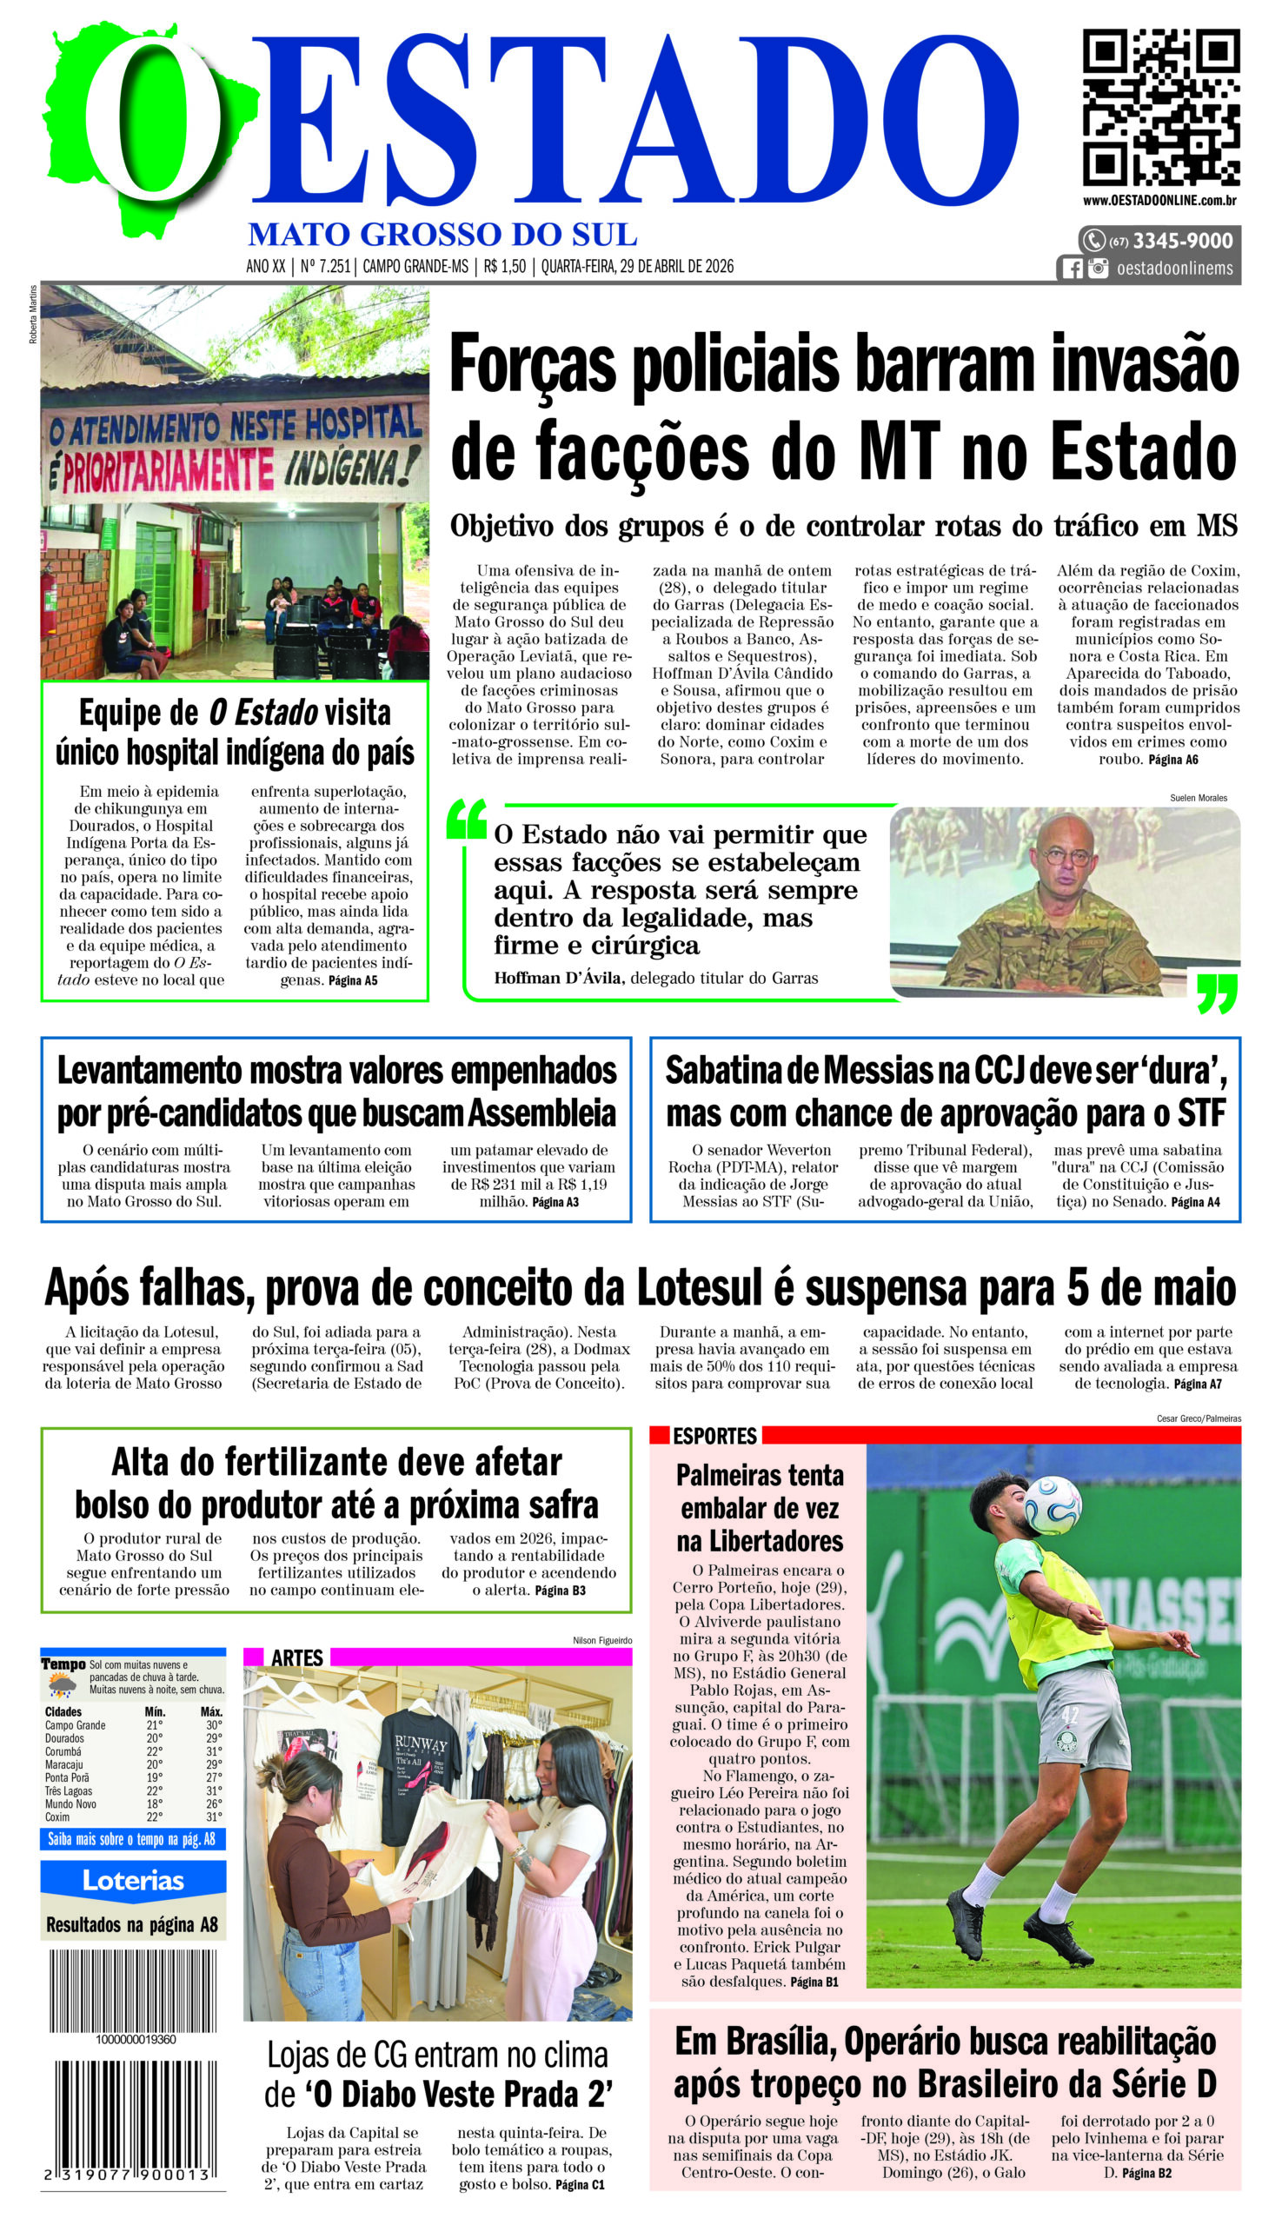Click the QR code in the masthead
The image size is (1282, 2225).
click(x=1160, y=108)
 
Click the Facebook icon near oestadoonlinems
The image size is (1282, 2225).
click(x=1072, y=269)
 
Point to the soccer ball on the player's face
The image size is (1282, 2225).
click(x=1052, y=1504)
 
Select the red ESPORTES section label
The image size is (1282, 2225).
click(x=714, y=1436)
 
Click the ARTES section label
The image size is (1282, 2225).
click(x=296, y=1658)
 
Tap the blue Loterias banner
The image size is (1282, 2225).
click(x=133, y=1881)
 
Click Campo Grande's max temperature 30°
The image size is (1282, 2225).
click(x=213, y=1725)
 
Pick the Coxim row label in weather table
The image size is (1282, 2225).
click(x=57, y=1817)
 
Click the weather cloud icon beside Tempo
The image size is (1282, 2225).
click(x=62, y=1685)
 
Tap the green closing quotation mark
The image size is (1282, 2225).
click(x=1217, y=993)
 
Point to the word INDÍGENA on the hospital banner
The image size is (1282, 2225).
click(x=349, y=465)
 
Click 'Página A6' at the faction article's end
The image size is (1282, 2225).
click(x=1172, y=760)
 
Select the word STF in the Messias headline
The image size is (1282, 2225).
click(x=1201, y=1114)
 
